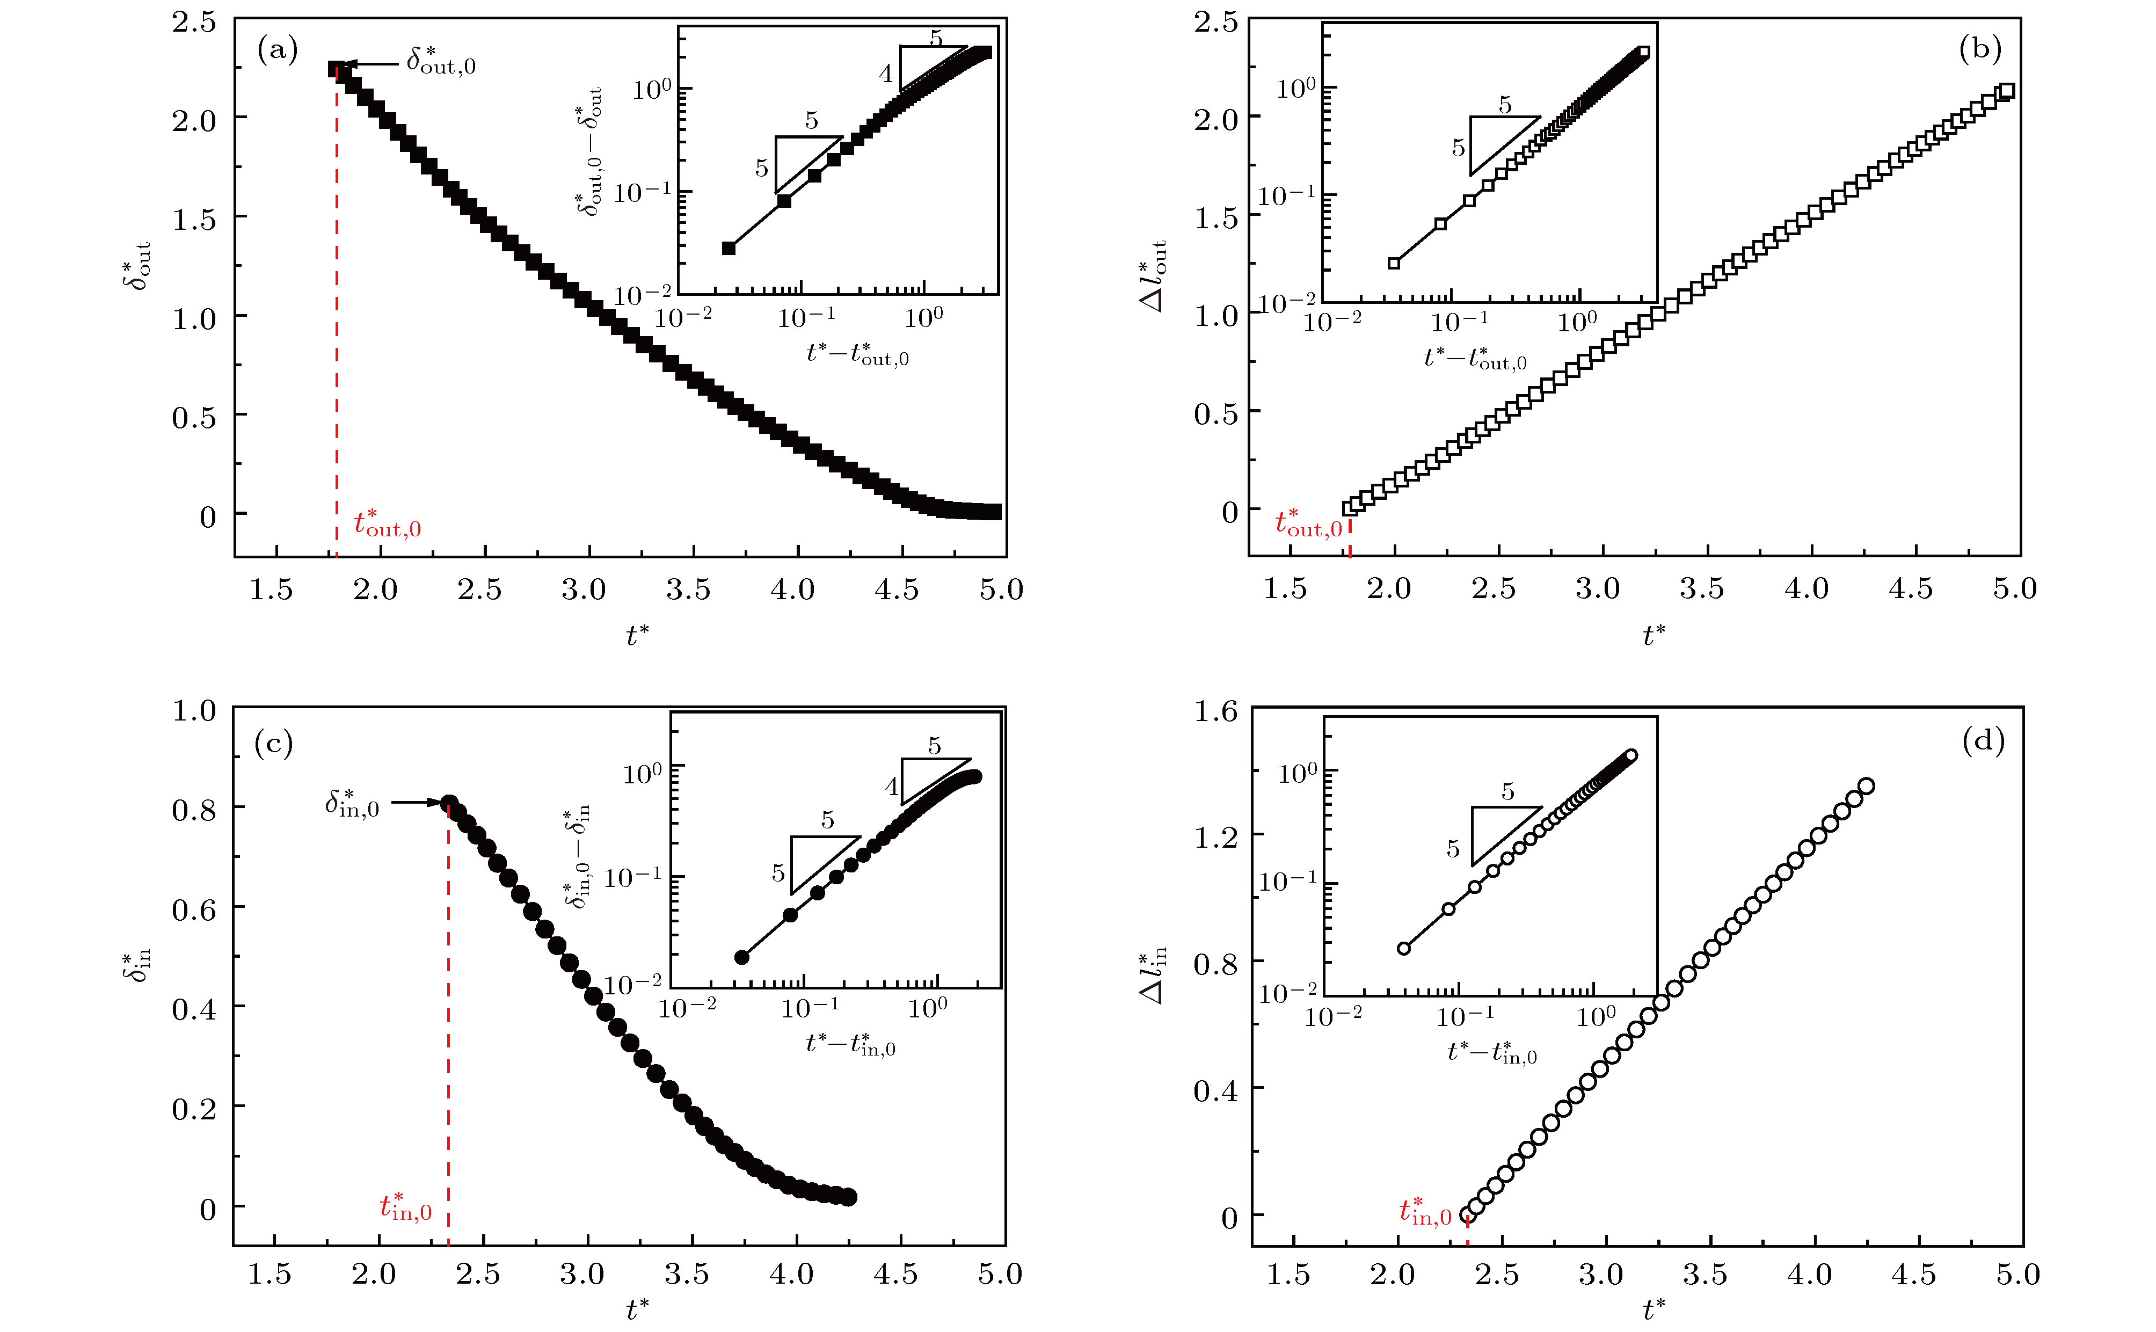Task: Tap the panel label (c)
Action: [273, 745]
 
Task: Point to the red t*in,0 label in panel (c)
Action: [405, 1207]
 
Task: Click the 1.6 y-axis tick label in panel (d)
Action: [1215, 711]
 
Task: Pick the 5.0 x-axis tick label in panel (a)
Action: [1001, 589]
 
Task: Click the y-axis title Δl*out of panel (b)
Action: [1154, 276]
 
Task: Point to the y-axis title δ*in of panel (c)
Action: [136, 966]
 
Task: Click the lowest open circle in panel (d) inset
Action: [1404, 949]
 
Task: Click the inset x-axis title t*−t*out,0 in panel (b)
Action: [1475, 357]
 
